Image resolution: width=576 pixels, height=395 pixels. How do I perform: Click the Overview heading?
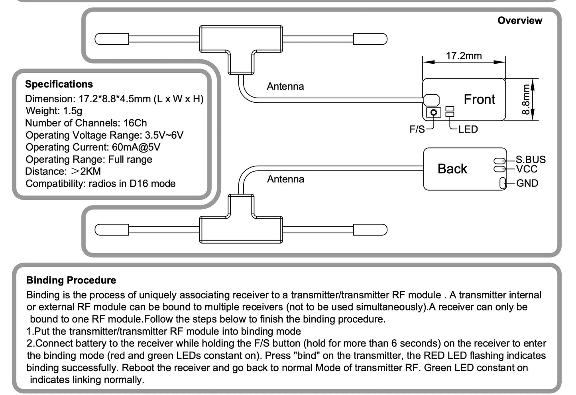[x=519, y=20]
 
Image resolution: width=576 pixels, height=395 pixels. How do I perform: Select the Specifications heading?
[x=59, y=84]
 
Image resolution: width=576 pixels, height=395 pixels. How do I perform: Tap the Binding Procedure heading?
[x=71, y=280]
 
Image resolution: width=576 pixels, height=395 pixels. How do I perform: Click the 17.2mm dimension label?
[x=464, y=56]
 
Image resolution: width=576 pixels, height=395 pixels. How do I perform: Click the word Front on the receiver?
[x=479, y=99]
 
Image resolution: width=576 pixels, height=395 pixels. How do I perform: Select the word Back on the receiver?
[x=452, y=169]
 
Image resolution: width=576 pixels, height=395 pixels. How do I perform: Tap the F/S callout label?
[x=417, y=129]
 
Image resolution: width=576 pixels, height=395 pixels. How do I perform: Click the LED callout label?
[x=468, y=129]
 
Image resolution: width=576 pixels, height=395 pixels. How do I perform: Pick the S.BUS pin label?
[x=531, y=160]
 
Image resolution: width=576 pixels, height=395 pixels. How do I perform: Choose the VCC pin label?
[x=527, y=169]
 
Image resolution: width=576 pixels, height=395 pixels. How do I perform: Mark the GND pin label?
[x=527, y=183]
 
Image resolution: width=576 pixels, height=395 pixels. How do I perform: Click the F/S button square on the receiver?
[x=434, y=112]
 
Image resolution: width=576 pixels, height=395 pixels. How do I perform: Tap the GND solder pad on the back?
[x=502, y=183]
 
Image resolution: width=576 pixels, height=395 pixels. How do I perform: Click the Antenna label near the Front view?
[x=285, y=86]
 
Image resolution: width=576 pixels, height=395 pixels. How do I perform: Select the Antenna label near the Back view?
[x=285, y=179]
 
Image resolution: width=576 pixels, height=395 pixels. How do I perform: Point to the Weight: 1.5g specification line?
[x=54, y=111]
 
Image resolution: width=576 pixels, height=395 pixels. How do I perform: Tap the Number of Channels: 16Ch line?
[x=86, y=123]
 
